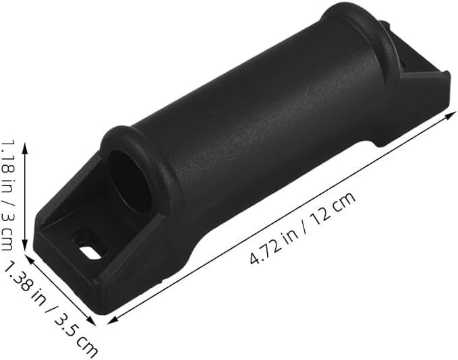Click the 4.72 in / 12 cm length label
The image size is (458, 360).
303,228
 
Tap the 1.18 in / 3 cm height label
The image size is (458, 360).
7,196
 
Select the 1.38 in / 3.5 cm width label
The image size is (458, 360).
50,309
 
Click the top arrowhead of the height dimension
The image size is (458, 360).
25,148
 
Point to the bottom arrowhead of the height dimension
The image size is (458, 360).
25,245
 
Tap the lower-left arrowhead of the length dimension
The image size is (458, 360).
113,320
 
